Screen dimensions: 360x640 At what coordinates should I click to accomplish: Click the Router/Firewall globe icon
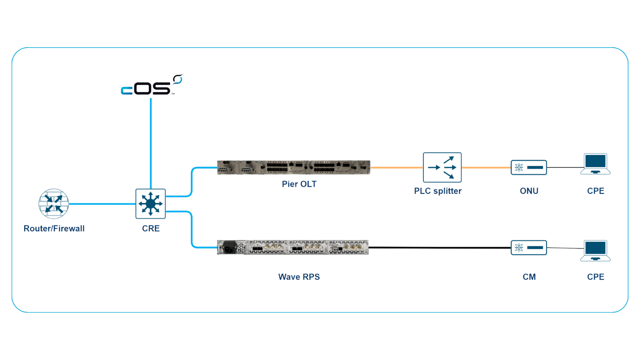click(54, 204)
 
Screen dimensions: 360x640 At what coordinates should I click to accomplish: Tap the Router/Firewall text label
click(54, 228)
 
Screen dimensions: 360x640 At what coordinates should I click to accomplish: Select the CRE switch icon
click(150, 204)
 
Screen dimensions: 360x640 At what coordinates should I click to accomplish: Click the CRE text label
click(151, 228)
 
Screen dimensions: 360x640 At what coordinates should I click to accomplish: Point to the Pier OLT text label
click(299, 184)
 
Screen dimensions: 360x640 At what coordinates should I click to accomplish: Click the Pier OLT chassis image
click(293, 167)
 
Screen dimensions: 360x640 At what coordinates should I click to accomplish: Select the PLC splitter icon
click(442, 167)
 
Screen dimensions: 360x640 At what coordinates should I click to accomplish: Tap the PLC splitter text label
click(438, 191)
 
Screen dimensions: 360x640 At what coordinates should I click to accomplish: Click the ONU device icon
click(529, 167)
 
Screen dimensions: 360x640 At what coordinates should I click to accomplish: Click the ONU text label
click(529, 191)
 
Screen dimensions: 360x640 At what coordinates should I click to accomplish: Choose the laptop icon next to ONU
click(596, 164)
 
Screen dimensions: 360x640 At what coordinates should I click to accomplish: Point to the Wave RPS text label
click(299, 277)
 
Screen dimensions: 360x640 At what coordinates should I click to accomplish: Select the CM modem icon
click(529, 248)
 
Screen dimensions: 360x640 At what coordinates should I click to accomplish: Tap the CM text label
click(529, 277)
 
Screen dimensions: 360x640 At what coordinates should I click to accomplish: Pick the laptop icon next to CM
click(596, 250)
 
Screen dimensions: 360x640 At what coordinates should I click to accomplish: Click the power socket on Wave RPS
click(229, 248)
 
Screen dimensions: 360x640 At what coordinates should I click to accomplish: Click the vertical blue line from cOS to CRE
click(150, 140)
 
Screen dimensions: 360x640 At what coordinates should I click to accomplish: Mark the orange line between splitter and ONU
click(486, 168)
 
